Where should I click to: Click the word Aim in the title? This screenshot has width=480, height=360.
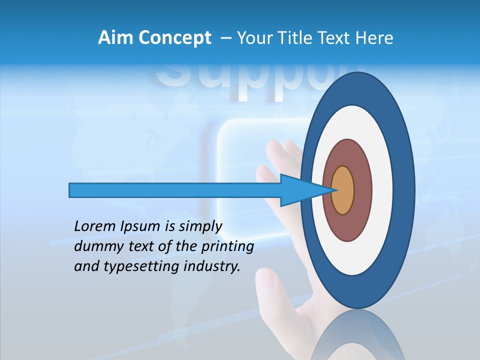[116, 38]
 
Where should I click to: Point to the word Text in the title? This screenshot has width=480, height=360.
[336, 38]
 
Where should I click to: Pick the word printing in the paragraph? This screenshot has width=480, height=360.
[228, 247]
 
